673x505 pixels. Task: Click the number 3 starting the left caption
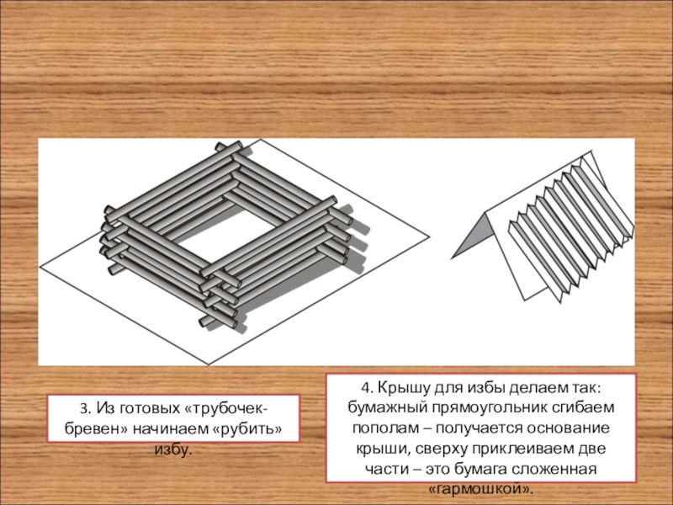coord(84,408)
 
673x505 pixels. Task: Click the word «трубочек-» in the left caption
coord(226,408)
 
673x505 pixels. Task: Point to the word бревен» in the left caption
coord(96,428)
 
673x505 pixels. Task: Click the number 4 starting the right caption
coord(367,387)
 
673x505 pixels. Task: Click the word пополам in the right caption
coord(384,428)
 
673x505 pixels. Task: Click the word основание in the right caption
coord(567,428)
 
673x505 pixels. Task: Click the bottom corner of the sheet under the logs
coord(209,364)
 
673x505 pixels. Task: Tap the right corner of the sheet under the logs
coord(430,237)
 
